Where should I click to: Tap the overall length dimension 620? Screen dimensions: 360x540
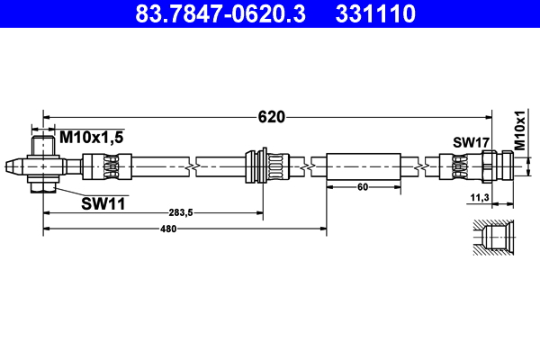click(271, 116)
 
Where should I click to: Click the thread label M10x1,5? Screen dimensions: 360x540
click(91, 136)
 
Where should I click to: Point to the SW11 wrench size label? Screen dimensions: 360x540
click(103, 204)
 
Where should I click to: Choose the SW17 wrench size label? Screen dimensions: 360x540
click(470, 141)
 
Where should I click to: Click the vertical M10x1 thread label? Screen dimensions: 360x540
click(519, 130)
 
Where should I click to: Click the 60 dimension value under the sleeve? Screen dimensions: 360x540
click(363, 187)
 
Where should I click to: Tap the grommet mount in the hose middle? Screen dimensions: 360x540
click(265, 166)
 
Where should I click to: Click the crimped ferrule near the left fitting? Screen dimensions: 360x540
click(107, 166)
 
